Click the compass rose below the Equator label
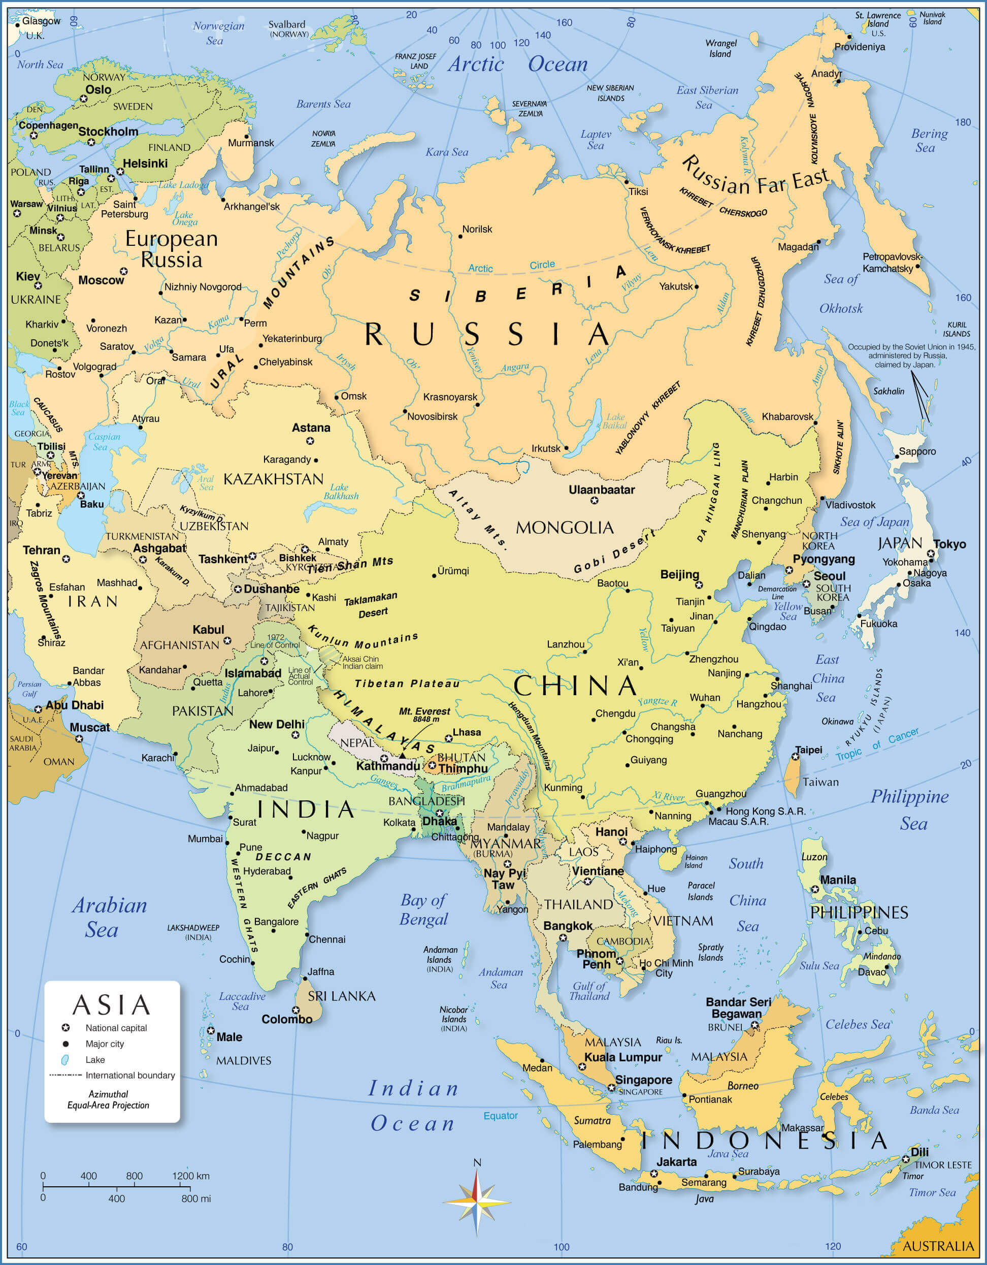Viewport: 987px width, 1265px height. coord(477,1203)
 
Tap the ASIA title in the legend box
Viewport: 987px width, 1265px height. coord(111,1005)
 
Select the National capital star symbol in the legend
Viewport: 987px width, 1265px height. coord(65,1027)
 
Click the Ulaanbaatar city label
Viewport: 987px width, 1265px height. coord(601,490)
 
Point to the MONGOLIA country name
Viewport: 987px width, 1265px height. coord(564,528)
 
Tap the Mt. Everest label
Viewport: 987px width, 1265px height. coord(424,712)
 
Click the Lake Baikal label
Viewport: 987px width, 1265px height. coord(614,421)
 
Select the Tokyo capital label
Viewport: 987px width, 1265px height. coord(949,544)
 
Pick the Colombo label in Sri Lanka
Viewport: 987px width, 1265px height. coord(287,1035)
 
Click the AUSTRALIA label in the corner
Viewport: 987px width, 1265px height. coord(938,1246)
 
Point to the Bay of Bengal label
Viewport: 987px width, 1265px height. coord(424,910)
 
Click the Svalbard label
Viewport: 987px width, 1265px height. coord(287,25)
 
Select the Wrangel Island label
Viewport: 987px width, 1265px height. coord(720,49)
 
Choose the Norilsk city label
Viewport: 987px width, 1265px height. coord(477,230)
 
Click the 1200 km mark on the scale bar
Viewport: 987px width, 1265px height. coord(190,1176)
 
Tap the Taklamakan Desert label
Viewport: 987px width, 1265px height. coord(371,604)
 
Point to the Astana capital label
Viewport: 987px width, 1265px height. coord(311,428)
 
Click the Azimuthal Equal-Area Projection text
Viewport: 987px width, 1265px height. coord(108,1099)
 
